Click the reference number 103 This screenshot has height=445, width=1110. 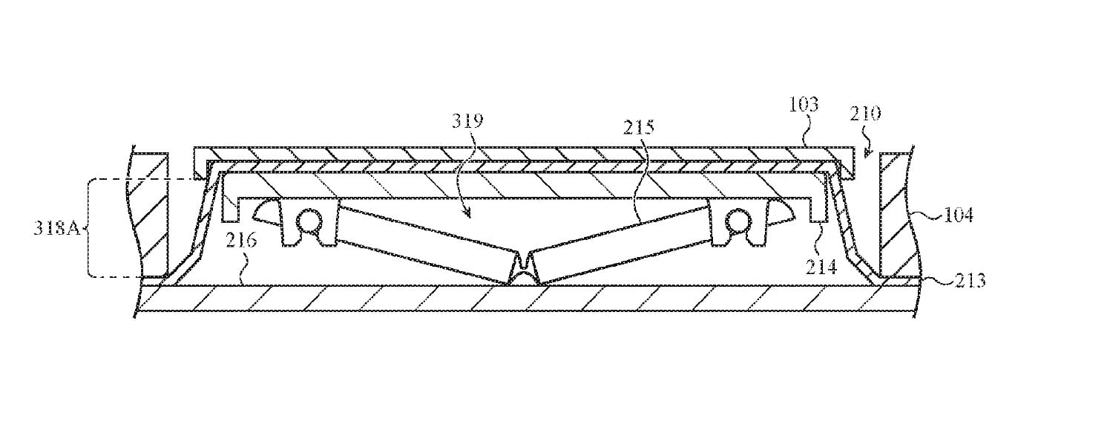click(803, 105)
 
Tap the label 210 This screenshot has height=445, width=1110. click(865, 114)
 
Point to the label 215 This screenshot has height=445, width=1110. click(640, 127)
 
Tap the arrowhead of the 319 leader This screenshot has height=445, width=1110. click(469, 215)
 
